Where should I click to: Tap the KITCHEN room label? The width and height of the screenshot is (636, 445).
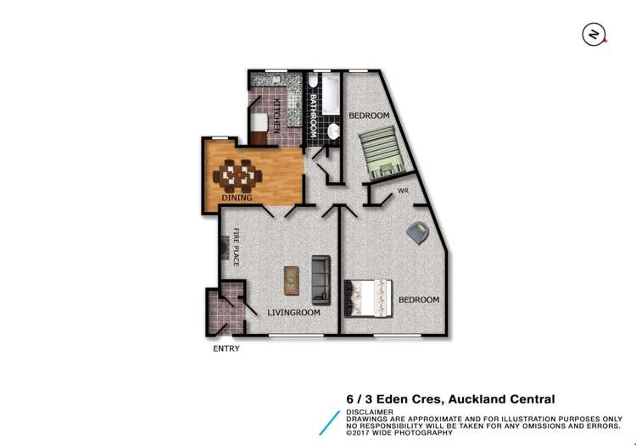click(x=276, y=115)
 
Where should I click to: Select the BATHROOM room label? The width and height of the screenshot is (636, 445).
click(x=312, y=116)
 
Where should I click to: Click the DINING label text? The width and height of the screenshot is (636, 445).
click(x=237, y=197)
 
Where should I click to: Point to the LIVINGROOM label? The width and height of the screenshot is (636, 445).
click(x=293, y=313)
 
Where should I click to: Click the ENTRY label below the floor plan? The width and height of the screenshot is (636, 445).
click(x=226, y=348)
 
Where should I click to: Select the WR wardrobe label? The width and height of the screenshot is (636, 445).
click(x=404, y=192)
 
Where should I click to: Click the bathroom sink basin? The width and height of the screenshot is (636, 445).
click(x=333, y=131)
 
